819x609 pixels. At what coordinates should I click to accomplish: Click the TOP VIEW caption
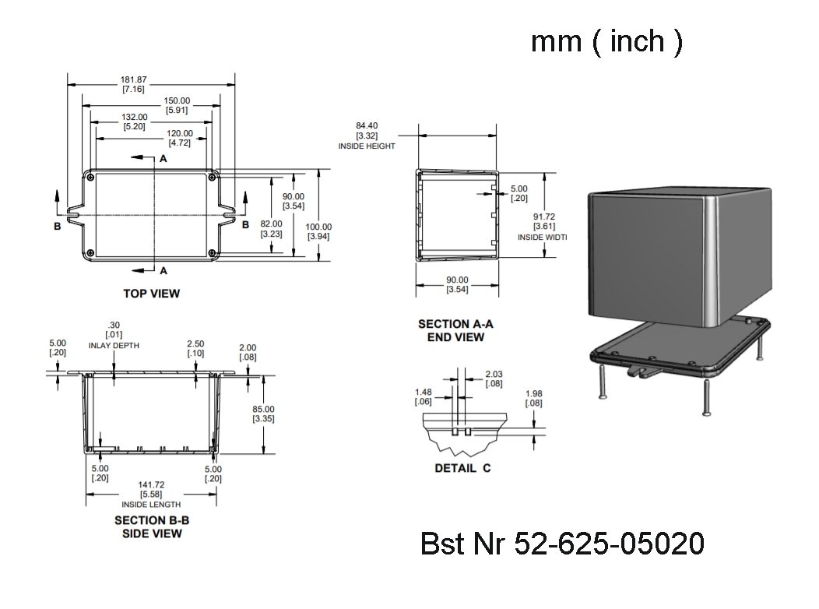click(x=151, y=294)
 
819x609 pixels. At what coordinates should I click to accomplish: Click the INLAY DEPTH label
click(x=114, y=345)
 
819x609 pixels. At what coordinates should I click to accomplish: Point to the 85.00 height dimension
click(x=264, y=414)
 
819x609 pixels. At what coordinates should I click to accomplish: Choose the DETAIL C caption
click(x=462, y=468)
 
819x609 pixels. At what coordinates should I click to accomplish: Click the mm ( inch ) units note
click(x=606, y=41)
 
